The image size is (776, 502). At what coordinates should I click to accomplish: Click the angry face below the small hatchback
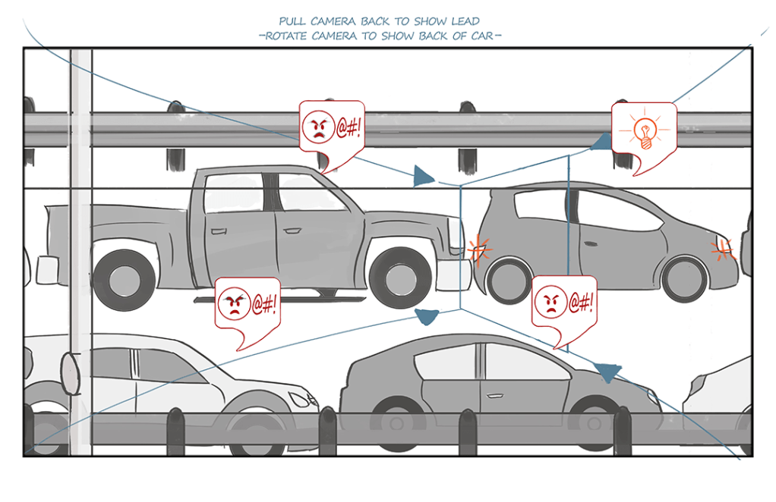point(550,302)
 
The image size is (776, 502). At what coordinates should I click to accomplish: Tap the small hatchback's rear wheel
point(508,281)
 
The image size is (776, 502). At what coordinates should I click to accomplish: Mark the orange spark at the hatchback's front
point(723,248)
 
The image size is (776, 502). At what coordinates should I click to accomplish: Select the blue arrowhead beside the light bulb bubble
point(601,143)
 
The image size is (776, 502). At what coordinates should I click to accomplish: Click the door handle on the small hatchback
point(588,243)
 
